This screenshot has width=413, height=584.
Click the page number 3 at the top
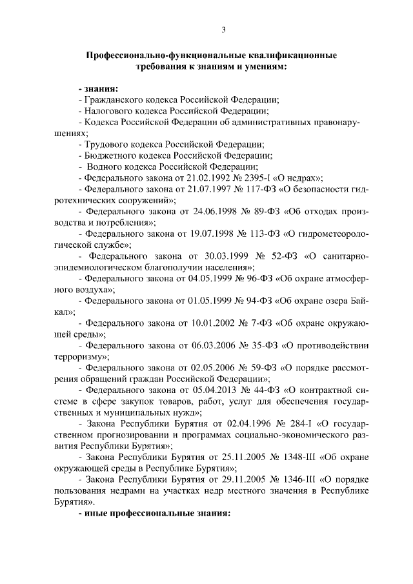(x=223, y=30)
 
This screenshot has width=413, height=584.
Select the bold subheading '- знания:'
(x=97, y=88)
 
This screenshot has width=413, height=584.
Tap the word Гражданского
(x=112, y=100)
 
